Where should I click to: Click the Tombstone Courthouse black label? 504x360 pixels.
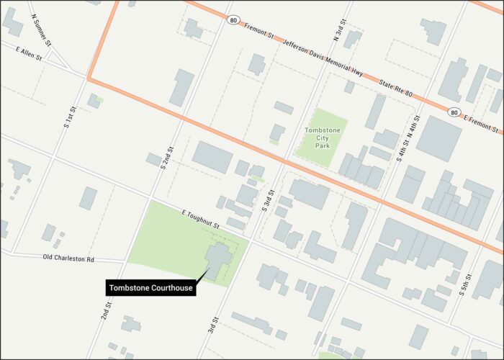[150, 289]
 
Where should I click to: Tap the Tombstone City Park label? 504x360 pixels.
[321, 135]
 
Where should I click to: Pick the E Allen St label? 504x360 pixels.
[30, 55]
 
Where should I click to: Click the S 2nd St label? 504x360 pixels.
[166, 157]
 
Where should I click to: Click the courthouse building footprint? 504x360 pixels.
[219, 260]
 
